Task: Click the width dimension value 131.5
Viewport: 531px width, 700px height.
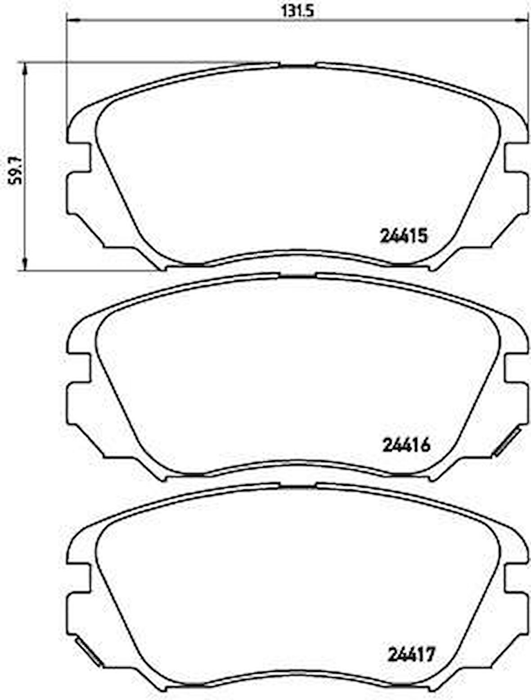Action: [297, 10]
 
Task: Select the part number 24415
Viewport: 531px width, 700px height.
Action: [403, 236]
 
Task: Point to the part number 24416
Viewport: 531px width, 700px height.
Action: [406, 445]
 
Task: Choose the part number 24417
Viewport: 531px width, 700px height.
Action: [411, 654]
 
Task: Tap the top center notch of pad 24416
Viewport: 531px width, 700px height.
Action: [297, 276]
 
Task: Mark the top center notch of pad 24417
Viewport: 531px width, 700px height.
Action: [297, 486]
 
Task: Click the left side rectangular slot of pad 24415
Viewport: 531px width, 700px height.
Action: [79, 157]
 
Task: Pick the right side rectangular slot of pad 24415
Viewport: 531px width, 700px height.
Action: [516, 157]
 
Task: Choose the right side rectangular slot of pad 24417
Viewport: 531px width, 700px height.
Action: [516, 577]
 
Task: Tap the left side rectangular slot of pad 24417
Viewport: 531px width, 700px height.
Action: [79, 577]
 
